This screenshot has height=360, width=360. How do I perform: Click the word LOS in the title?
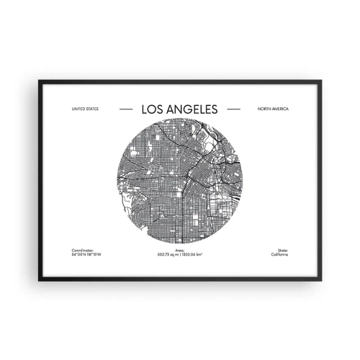click(x=154, y=109)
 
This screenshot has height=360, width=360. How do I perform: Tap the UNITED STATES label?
click(x=85, y=109)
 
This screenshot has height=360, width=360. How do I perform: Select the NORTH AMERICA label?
click(x=272, y=109)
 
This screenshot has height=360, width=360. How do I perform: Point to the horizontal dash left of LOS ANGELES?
click(x=125, y=109)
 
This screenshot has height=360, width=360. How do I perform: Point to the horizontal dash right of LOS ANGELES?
click(x=233, y=109)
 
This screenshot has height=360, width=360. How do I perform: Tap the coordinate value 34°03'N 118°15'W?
click(x=87, y=254)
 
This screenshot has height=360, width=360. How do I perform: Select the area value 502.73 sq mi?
click(x=168, y=254)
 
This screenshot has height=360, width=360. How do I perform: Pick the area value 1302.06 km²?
click(x=194, y=254)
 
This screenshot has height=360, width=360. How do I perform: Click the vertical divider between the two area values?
click(x=181, y=254)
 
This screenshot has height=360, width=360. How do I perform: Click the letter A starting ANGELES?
click(x=171, y=109)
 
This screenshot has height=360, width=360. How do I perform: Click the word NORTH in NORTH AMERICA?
click(x=264, y=109)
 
